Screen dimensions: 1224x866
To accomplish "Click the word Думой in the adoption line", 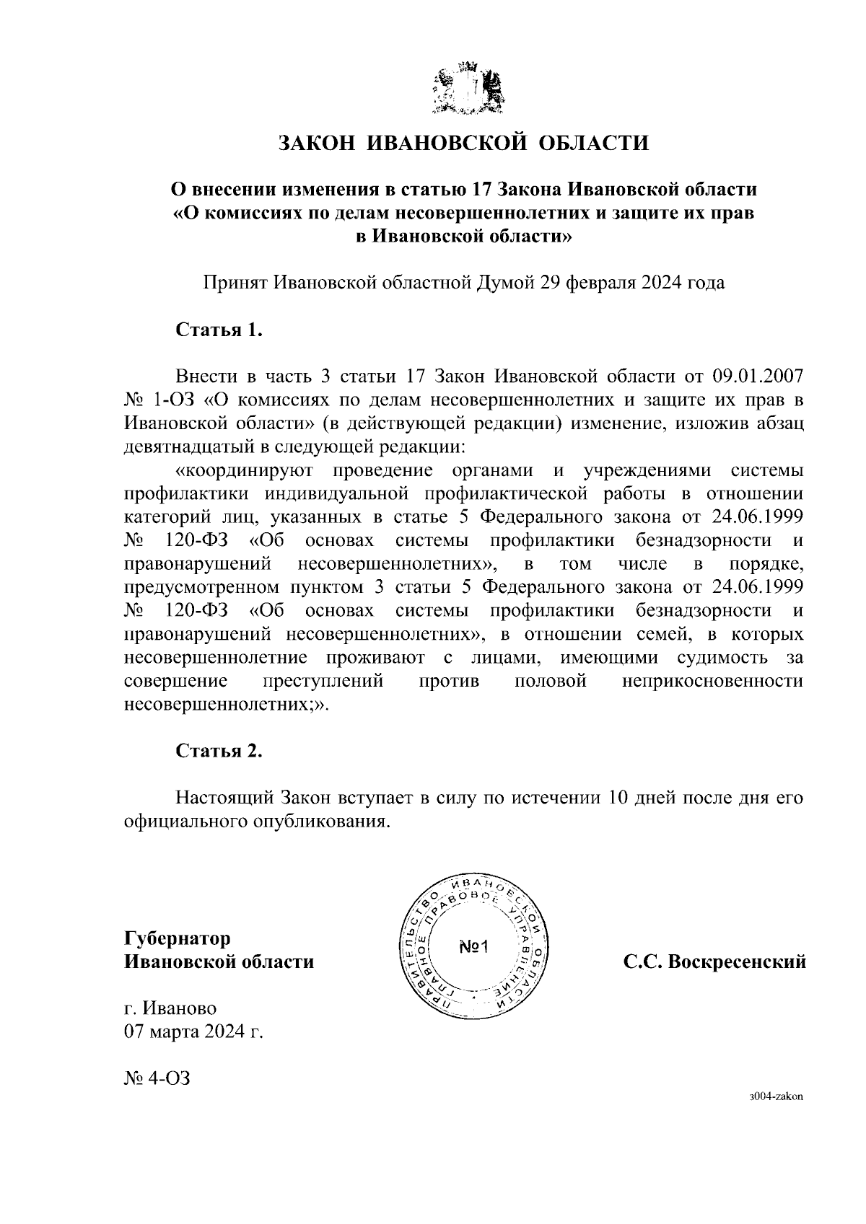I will [x=503, y=282].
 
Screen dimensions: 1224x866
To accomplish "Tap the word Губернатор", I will [x=178, y=938].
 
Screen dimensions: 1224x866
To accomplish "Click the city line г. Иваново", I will [x=170, y=1008].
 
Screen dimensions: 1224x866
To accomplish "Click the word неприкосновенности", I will [x=712, y=681].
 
